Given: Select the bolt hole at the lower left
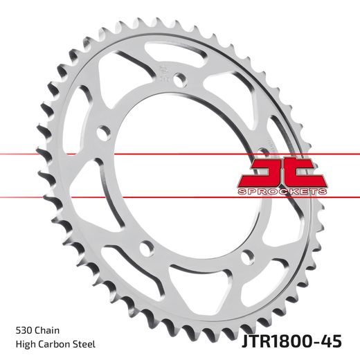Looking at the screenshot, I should coord(142,247).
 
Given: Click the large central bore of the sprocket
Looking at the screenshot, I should coord(187,173).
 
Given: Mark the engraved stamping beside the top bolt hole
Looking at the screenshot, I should coord(161,71).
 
